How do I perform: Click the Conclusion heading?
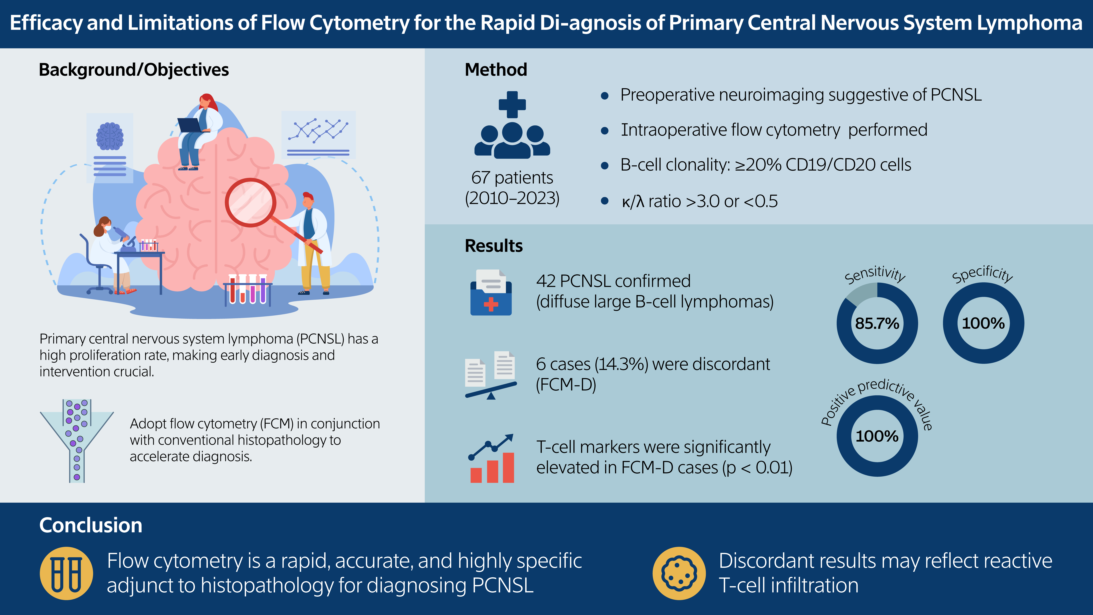[91, 525]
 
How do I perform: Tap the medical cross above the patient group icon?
[512, 104]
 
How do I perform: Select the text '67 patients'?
[512, 177]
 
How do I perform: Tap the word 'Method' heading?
[496, 70]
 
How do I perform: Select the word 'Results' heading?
[493, 246]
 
